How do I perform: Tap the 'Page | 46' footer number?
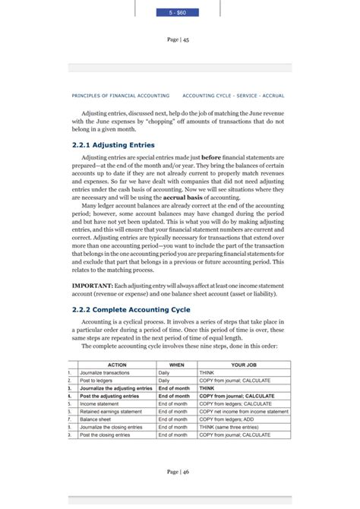pos(179,472)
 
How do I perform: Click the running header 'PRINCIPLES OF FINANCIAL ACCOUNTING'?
pos(119,96)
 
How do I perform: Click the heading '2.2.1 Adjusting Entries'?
pos(113,144)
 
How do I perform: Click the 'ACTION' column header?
pos(117,365)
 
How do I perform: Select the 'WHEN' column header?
pos(176,365)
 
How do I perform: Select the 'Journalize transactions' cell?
pos(106,373)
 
